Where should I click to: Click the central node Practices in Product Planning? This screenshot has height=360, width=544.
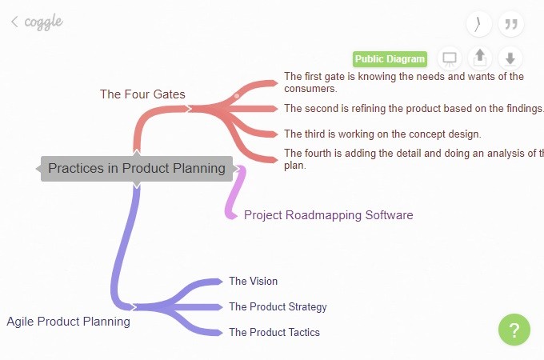tap(137, 168)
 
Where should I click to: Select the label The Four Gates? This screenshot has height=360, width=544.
tap(142, 94)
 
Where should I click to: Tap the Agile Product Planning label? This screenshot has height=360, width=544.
tap(68, 322)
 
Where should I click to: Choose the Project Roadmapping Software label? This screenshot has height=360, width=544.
tap(328, 215)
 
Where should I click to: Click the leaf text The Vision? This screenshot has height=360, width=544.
tap(253, 281)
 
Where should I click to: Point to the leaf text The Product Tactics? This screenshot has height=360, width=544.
tap(274, 332)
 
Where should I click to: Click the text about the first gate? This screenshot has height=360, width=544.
tap(404, 82)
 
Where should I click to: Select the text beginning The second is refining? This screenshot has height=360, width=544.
tap(413, 108)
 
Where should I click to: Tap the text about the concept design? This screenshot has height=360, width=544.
tap(382, 134)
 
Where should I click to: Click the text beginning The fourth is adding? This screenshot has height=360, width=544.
tap(413, 158)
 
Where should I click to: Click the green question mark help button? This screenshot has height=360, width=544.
tap(514, 330)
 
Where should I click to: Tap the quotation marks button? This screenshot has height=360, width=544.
tap(510, 24)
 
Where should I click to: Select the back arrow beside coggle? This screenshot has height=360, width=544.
tap(14, 22)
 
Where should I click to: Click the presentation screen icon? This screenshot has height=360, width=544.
tap(450, 58)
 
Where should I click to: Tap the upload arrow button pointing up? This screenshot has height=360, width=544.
tap(480, 58)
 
